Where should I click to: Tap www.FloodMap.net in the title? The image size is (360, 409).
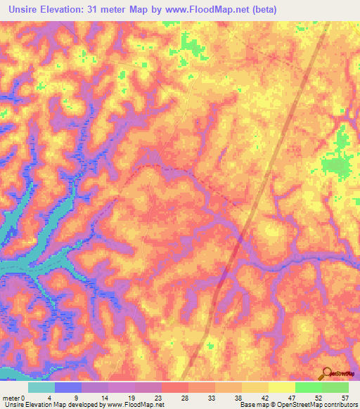tap(213, 9)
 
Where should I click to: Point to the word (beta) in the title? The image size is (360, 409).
tap(264, 9)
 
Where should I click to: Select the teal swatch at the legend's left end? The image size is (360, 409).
tap(41, 387)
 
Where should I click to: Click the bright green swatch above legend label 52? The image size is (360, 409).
tap(308, 387)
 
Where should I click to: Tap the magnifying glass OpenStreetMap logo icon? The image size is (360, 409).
tap(326, 374)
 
